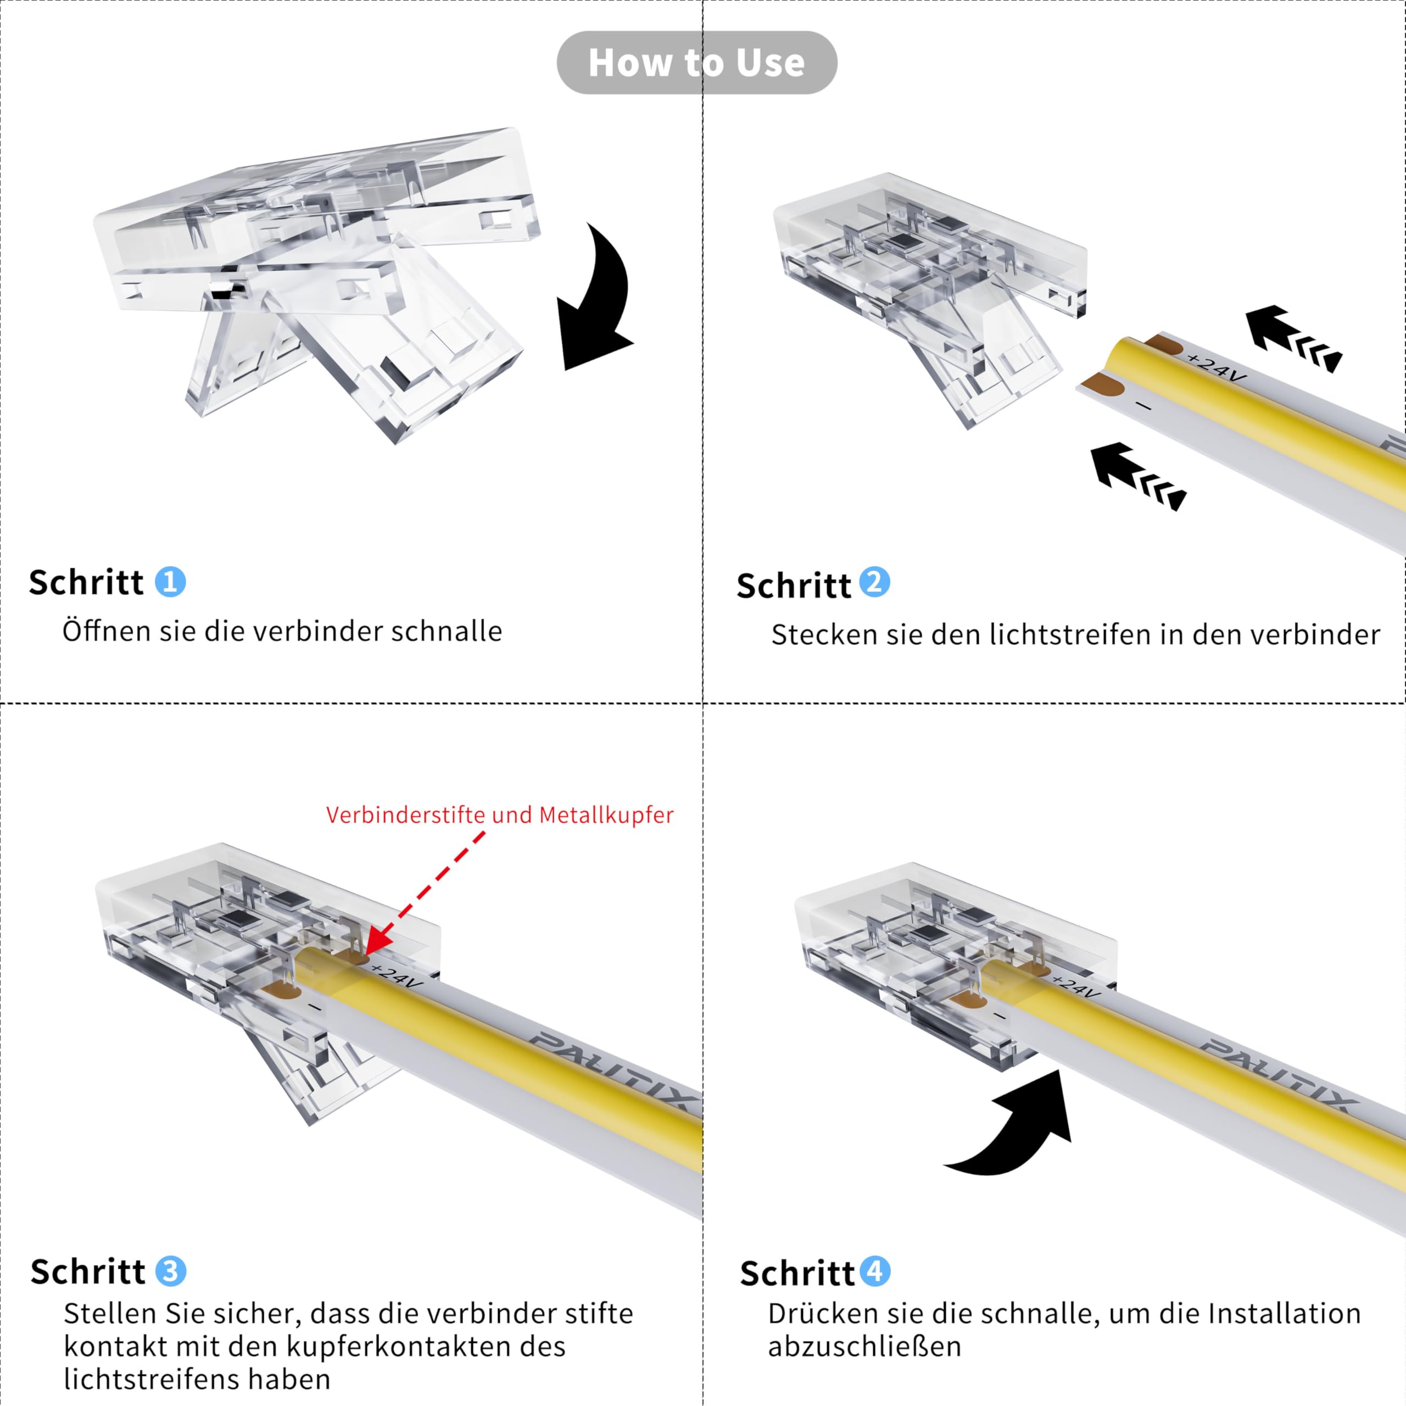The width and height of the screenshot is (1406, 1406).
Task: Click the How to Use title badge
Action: [696, 63]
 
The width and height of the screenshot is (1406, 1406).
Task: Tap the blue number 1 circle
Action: [170, 582]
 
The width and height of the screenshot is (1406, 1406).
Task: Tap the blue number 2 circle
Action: [875, 582]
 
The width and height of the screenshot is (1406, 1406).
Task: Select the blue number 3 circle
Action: [170, 1271]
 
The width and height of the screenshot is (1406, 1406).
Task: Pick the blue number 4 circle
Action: [875, 1271]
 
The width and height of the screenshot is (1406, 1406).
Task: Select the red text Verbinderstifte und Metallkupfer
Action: [499, 815]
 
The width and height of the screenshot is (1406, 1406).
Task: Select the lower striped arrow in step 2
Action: [1137, 477]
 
